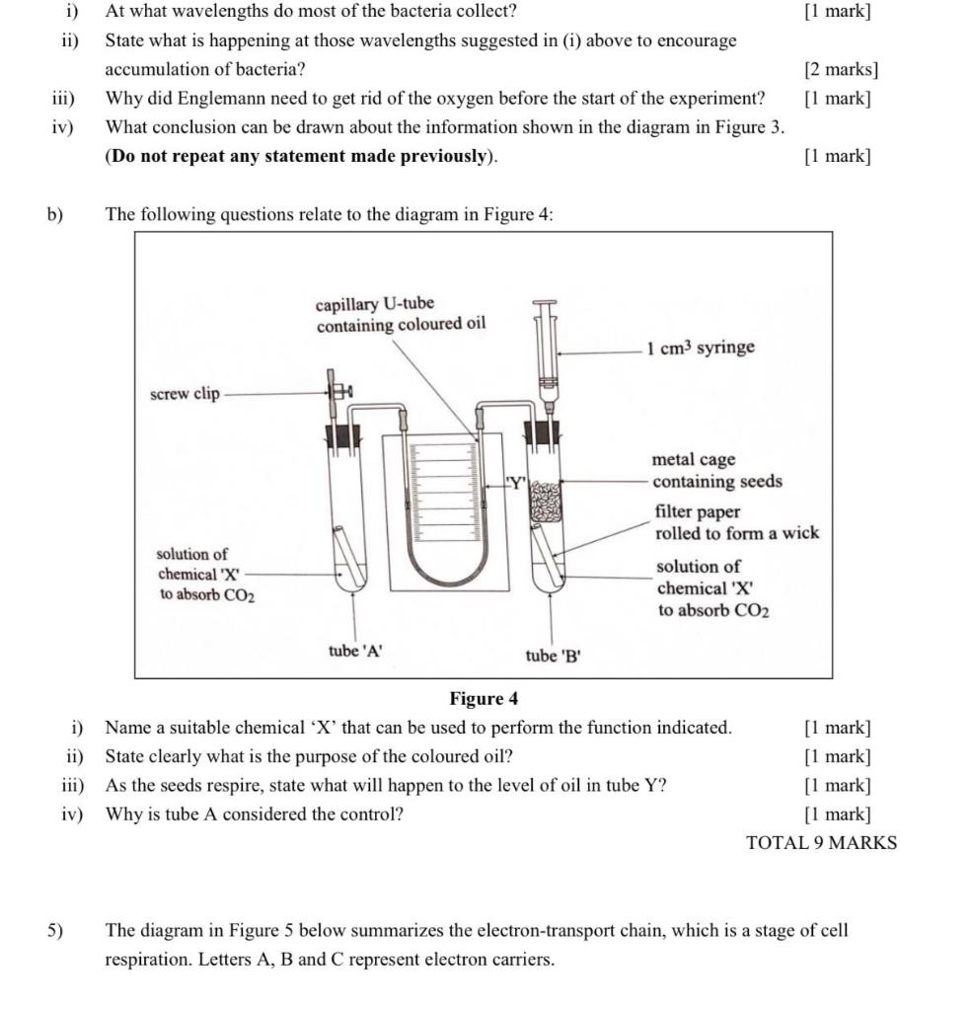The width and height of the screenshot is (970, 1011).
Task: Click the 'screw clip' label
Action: coord(185,393)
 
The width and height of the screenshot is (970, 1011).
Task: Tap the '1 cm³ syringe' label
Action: coord(701,348)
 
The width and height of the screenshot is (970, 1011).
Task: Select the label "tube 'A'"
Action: coord(355,651)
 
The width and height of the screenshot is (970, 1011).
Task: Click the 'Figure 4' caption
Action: coord(484,699)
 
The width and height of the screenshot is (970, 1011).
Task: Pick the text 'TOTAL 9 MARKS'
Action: coord(822,842)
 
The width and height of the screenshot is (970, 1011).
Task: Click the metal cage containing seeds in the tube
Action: coord(546,502)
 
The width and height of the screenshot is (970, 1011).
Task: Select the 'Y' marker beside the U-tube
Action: coord(515,483)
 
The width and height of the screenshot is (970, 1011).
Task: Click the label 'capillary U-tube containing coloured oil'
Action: coord(401,314)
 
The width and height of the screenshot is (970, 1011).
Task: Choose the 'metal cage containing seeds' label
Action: coord(716,471)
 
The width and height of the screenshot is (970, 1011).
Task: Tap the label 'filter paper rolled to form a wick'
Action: coord(736,522)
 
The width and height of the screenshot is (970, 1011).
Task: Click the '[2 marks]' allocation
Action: coord(841,69)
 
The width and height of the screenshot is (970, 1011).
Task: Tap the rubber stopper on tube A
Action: coord(343,434)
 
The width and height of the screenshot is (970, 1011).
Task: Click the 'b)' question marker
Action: coord(54,214)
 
